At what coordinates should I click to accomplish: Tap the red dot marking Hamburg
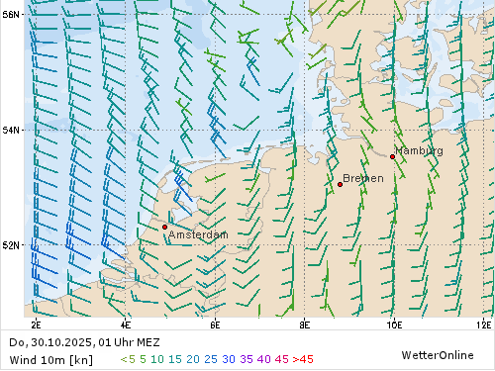(392, 156)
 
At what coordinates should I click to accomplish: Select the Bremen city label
(363, 178)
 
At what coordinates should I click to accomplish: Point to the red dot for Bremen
(340, 184)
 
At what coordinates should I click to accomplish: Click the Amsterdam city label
(198, 234)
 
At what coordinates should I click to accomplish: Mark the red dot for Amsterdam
(164, 227)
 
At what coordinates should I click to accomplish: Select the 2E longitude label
(37, 324)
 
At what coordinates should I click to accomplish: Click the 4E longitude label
(126, 324)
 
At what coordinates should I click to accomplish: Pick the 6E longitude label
(215, 324)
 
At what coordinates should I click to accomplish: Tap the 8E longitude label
(304, 324)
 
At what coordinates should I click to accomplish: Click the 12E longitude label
(483, 324)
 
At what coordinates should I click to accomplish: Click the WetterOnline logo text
(438, 354)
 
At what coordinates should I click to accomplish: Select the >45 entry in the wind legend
(303, 359)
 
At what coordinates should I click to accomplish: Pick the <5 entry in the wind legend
(127, 359)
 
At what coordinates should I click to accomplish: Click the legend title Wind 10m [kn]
(50, 359)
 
